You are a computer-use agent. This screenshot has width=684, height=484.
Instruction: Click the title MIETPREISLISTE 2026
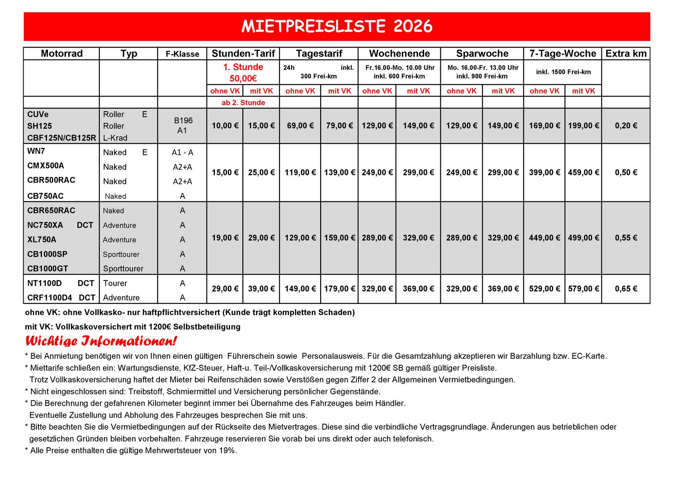point(337,27)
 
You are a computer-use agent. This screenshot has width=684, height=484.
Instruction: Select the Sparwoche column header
point(482,53)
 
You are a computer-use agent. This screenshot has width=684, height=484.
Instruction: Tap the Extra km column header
point(626,53)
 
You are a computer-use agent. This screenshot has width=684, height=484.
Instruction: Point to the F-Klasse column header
point(183,54)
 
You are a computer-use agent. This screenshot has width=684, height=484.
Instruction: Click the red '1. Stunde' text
point(243,67)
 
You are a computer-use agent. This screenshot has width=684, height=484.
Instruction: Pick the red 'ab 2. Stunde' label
point(243,103)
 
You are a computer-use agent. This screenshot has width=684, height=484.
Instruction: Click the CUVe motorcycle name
point(38,114)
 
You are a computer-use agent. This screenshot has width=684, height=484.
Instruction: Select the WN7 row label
point(36,151)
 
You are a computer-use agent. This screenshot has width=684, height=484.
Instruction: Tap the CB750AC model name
point(45,196)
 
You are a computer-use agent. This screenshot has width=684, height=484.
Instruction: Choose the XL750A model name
point(42,239)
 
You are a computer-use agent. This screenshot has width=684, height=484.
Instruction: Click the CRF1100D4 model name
point(50,298)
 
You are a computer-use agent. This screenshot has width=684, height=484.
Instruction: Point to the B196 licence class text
point(183,121)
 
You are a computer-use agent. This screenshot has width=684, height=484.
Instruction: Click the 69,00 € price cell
point(300,126)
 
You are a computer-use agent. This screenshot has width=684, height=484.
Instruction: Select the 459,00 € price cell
point(583,172)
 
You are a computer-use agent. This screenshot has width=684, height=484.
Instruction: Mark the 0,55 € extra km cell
point(626,238)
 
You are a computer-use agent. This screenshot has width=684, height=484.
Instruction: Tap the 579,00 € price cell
point(583,289)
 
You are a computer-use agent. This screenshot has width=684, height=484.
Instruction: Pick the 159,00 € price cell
point(339,238)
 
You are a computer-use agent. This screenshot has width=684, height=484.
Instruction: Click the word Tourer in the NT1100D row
point(115,283)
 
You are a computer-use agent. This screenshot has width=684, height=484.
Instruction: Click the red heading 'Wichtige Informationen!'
point(101,341)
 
